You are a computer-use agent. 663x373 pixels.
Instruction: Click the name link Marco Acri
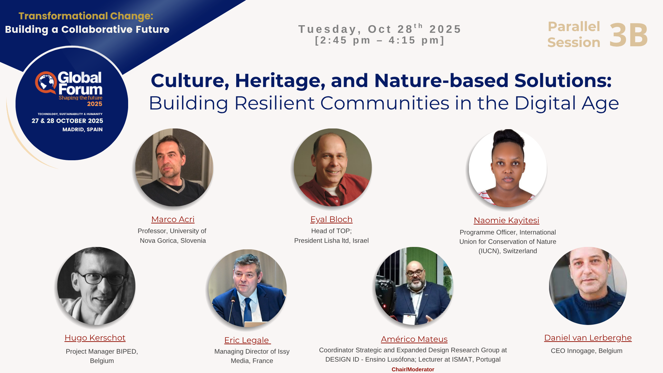(x=173, y=219)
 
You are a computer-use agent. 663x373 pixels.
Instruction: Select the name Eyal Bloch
(x=331, y=219)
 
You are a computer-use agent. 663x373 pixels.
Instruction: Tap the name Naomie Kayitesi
(x=506, y=220)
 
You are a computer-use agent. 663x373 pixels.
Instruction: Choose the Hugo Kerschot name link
(x=95, y=338)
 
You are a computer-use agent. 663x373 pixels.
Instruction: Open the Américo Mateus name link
(x=414, y=339)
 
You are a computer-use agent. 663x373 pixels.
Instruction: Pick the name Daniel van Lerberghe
(x=588, y=338)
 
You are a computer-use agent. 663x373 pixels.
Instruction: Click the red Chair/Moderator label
(x=413, y=369)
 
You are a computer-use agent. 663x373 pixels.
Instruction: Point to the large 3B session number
(x=628, y=35)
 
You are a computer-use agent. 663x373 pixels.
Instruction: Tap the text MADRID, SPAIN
(x=83, y=130)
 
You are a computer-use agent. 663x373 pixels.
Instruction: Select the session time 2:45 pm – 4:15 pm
(x=380, y=40)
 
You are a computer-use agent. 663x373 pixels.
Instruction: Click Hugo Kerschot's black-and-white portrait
(x=96, y=286)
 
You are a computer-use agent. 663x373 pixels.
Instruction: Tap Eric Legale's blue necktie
(x=248, y=310)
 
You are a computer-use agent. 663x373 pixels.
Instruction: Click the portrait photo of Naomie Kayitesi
(x=508, y=168)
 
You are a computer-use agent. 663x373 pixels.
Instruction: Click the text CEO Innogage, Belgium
(x=586, y=351)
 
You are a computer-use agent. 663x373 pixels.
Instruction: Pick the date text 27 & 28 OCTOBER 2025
(x=67, y=121)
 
